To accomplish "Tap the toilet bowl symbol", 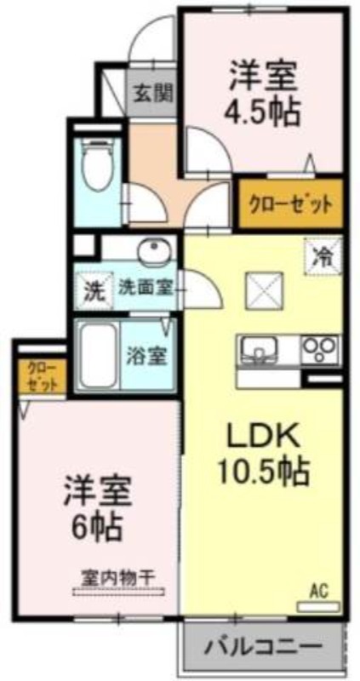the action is pyautogui.click(x=97, y=165).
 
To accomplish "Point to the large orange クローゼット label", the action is pyautogui.click(x=289, y=203).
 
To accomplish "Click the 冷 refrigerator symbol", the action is pyautogui.click(x=323, y=256).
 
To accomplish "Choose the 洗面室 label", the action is pyautogui.click(x=146, y=289).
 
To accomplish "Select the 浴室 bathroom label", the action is pyautogui.click(x=146, y=357).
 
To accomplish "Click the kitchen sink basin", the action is pyautogui.click(x=259, y=349).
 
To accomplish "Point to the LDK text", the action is pyautogui.click(x=265, y=435).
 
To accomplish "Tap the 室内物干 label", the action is pyautogui.click(x=118, y=578).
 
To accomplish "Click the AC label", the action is pyautogui.click(x=319, y=591).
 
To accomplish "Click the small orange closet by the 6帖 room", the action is pyautogui.click(x=42, y=376).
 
